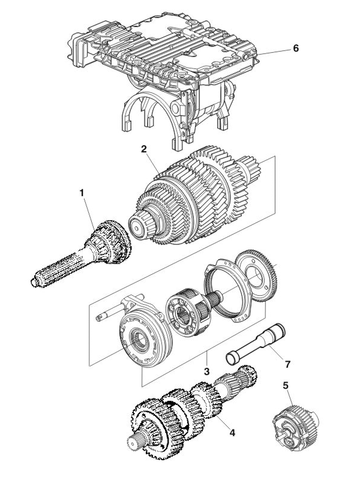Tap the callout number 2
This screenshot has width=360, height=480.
click(x=144, y=148)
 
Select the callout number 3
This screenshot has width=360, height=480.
click(x=206, y=372)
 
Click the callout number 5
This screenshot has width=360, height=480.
click(x=286, y=384)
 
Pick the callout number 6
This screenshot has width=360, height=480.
click(x=295, y=48)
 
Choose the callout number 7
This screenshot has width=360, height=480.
click(x=287, y=363)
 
